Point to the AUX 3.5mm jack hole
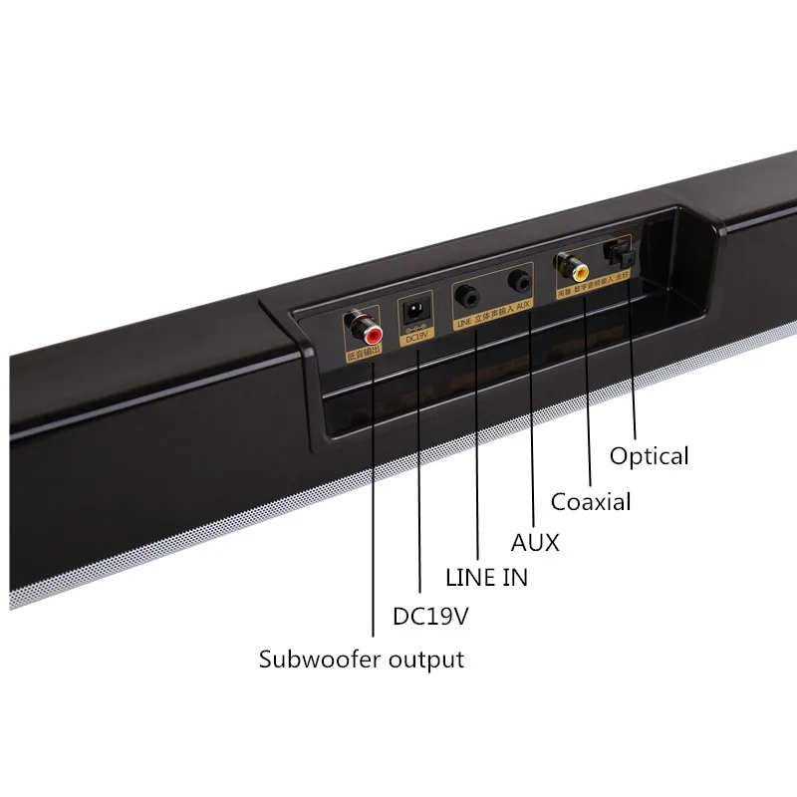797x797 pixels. pyautogui.click(x=519, y=282)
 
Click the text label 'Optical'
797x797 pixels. pyautogui.click(x=650, y=456)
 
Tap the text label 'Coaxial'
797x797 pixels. pyautogui.click(x=591, y=501)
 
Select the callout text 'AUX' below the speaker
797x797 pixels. pyautogui.click(x=535, y=543)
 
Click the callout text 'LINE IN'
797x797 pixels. pyautogui.click(x=486, y=577)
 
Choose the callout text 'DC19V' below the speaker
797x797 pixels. pyautogui.click(x=430, y=617)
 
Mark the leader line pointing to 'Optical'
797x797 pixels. pyautogui.click(x=635, y=369)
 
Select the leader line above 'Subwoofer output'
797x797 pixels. pyautogui.click(x=374, y=498)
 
